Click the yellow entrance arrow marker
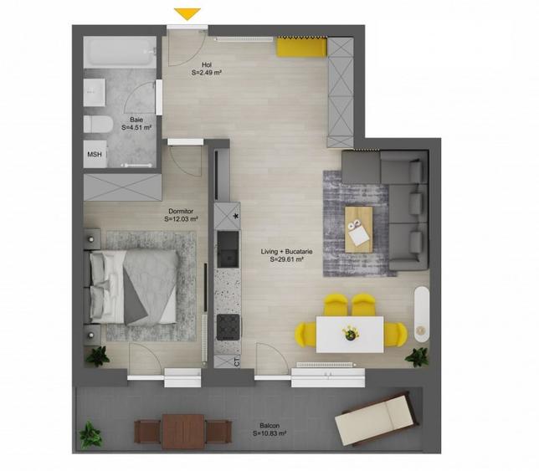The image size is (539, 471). [187, 13]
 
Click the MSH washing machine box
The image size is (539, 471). [94, 154]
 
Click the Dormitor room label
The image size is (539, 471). [181, 215]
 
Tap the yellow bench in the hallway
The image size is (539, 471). [300, 49]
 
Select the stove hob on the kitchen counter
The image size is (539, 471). [228, 326]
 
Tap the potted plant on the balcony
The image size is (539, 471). [88, 434]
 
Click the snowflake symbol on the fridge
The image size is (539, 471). [237, 218]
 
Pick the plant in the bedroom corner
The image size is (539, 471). [98, 356]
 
